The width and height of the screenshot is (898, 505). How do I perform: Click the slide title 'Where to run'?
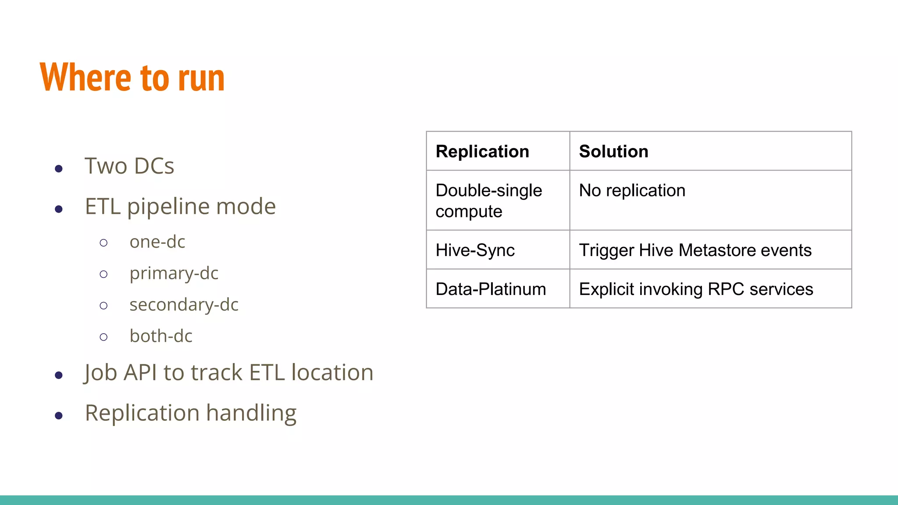click(132, 78)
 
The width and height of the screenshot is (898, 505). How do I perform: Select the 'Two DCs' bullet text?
click(129, 166)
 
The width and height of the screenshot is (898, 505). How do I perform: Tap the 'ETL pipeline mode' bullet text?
click(180, 206)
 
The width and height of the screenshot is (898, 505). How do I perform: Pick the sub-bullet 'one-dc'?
click(157, 242)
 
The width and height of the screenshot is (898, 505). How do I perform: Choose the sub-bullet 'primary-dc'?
click(174, 274)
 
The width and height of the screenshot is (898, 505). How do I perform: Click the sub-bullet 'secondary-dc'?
click(184, 305)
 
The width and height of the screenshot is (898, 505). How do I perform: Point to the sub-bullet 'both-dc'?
click(161, 336)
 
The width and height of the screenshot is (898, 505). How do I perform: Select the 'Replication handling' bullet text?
click(191, 413)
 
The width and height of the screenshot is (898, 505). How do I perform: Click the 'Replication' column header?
click(482, 152)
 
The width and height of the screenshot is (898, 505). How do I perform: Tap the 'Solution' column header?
click(613, 152)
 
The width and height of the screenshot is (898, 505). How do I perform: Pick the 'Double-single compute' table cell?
click(488, 201)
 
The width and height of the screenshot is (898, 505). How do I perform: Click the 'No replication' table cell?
click(632, 191)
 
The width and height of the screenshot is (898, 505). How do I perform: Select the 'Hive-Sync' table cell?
click(475, 250)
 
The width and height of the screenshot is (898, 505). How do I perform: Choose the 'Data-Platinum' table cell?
click(491, 289)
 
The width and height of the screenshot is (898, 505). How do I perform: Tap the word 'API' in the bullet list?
click(140, 373)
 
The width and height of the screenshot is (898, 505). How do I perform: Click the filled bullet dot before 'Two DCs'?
click(59, 169)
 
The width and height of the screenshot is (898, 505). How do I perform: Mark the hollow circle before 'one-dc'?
click(103, 243)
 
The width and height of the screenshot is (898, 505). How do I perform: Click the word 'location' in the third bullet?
click(332, 373)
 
